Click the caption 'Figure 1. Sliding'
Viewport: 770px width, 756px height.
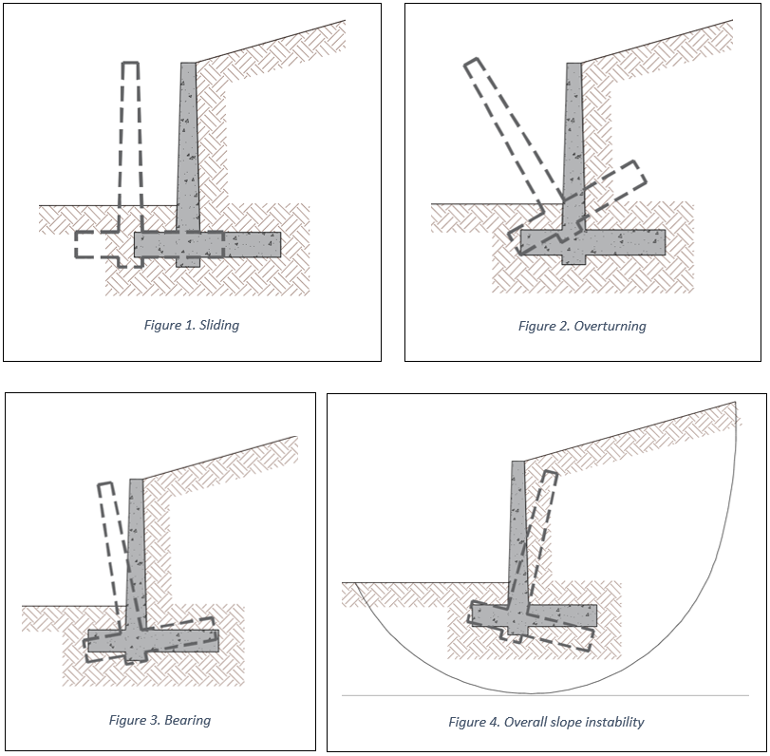[x=191, y=325]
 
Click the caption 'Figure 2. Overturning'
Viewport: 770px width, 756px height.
[x=581, y=326]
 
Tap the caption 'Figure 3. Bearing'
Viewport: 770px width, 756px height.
[x=160, y=720]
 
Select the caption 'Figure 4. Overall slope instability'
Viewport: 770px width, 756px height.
[x=546, y=722]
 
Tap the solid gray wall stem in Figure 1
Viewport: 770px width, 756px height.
[x=187, y=142]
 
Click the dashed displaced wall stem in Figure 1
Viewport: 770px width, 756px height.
[x=130, y=142]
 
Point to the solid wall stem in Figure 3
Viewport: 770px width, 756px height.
[x=137, y=551]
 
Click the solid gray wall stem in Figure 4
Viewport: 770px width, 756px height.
[x=517, y=532]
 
